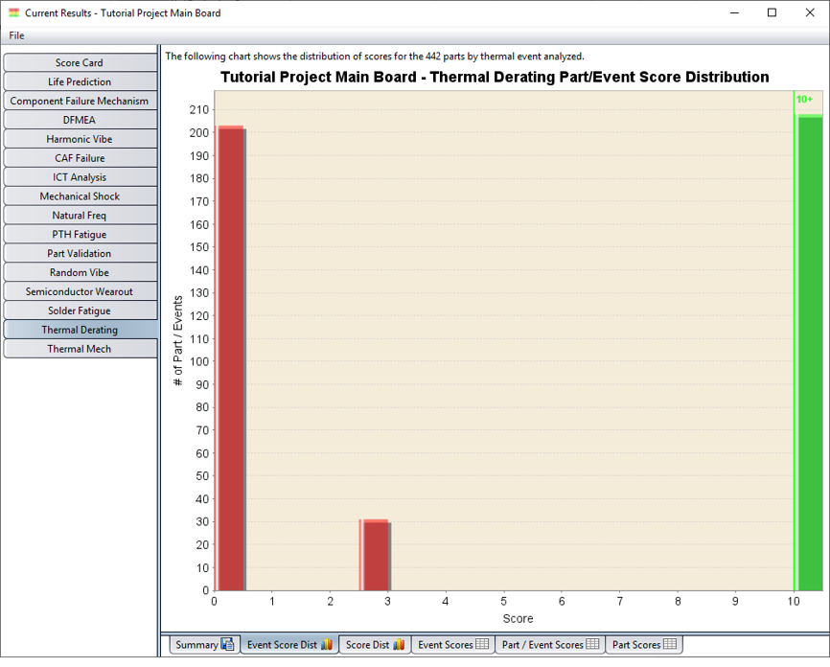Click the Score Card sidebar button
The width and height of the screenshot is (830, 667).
tap(80, 62)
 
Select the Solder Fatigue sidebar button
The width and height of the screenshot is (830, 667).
tap(80, 310)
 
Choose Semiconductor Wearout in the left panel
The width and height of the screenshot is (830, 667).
tap(80, 291)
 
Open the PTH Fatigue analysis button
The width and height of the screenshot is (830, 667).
tap(80, 234)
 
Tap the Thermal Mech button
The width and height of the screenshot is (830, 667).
tap(80, 349)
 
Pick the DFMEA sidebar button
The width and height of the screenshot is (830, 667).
tap(80, 120)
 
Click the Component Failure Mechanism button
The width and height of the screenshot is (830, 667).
tap(80, 101)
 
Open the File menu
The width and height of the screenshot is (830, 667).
tap(16, 35)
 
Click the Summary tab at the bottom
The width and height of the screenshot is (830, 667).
tap(203, 645)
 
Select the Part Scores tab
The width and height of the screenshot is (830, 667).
tap(644, 645)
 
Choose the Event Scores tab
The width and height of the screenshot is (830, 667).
tap(453, 645)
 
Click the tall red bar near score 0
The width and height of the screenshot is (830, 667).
tap(231, 359)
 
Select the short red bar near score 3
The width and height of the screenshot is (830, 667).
tap(376, 556)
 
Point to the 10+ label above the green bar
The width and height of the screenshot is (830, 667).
tap(804, 100)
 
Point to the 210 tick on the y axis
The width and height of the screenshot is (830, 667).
tap(197, 109)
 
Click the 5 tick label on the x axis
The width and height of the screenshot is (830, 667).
tap(504, 602)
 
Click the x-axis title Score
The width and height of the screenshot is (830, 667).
tap(518, 619)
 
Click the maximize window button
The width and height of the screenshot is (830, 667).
tap(772, 12)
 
